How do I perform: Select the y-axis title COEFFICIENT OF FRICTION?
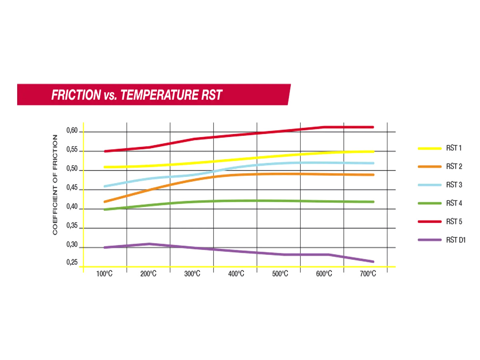point(55,184)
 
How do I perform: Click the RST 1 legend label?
point(454,148)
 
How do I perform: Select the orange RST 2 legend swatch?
point(430,167)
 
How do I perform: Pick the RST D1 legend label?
point(456,240)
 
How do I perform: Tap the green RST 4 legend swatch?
point(430,203)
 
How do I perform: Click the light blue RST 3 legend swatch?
point(430,185)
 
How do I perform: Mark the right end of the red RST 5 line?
point(373,127)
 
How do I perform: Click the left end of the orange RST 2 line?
point(104,202)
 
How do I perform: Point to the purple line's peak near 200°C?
point(149,244)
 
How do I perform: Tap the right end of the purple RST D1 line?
point(373,262)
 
